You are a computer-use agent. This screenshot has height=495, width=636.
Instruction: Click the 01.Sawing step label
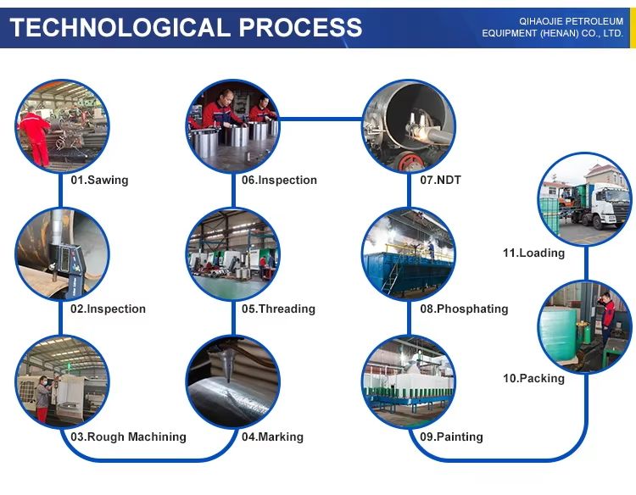pyautogui.click(x=99, y=180)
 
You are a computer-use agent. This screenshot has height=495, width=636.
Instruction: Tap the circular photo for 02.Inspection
pyautogui.click(x=62, y=253)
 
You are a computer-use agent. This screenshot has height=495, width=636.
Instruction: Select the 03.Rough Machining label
pyautogui.click(x=128, y=437)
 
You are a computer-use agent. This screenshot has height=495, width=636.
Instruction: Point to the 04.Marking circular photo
pyautogui.click(x=233, y=381)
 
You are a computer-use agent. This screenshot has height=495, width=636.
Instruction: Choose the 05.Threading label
pyautogui.click(x=277, y=309)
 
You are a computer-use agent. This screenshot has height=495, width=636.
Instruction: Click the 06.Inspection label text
pyautogui.click(x=279, y=180)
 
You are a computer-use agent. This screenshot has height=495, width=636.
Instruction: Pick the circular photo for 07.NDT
pyautogui.click(x=408, y=126)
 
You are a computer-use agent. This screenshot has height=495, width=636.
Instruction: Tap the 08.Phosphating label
pyautogui.click(x=464, y=309)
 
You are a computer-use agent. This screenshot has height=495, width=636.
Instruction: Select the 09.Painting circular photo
pyautogui.click(x=408, y=381)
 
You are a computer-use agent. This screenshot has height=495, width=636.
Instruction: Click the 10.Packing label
pyautogui.click(x=533, y=378)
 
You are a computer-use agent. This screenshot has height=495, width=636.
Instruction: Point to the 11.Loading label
pyautogui.click(x=533, y=253)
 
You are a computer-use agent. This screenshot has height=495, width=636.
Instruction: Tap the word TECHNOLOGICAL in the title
pyautogui.click(x=120, y=27)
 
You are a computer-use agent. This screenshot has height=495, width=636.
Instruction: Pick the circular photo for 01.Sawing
pyautogui.click(x=62, y=126)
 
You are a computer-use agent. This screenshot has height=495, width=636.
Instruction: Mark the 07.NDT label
pyautogui.click(x=440, y=180)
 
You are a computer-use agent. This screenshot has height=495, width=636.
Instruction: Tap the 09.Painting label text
pyautogui.click(x=451, y=437)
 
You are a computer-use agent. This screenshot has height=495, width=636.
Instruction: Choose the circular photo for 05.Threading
pyautogui.click(x=233, y=253)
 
